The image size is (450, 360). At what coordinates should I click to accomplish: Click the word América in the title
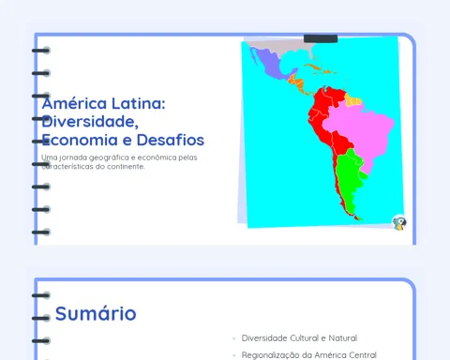click(x=74, y=103)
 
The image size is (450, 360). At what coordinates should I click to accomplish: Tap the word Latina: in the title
click(x=139, y=103)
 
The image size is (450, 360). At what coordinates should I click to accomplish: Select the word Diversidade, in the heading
click(x=90, y=122)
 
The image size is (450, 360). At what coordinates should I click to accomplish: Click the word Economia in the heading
click(x=80, y=140)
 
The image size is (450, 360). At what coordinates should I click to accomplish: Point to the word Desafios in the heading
click(x=171, y=140)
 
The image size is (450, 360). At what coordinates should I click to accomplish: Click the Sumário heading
click(x=96, y=313)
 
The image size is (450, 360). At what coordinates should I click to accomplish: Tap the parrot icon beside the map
click(x=399, y=222)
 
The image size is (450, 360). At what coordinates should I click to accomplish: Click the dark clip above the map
click(x=321, y=38)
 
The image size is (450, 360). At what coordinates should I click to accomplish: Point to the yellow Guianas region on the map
click(x=353, y=100)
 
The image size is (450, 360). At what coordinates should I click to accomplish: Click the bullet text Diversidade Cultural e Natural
click(x=299, y=338)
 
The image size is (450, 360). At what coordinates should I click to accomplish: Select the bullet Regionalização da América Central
click(x=308, y=355)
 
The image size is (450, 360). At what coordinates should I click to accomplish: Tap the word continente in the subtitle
click(x=126, y=167)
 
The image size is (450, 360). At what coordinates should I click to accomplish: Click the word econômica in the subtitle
click(x=157, y=157)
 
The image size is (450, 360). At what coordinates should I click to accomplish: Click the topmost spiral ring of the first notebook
click(x=41, y=51)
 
